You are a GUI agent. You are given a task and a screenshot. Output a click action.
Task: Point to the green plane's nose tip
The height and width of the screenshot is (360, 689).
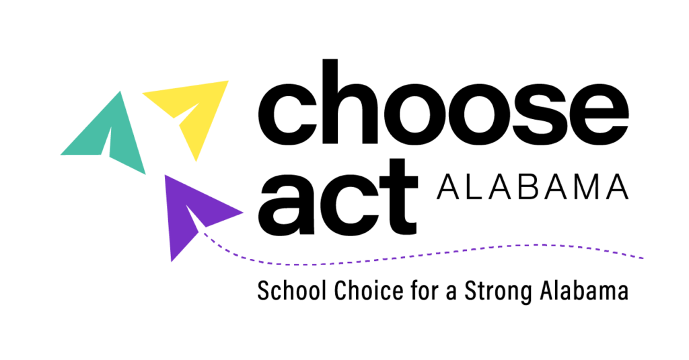click(120, 91)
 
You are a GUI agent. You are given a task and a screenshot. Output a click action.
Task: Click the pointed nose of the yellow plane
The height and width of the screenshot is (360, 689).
click(229, 80)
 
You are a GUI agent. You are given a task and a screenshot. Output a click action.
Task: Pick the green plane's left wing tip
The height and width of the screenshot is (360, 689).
click(61, 155)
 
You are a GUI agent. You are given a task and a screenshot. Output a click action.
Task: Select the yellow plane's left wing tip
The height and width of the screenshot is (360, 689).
click(142, 94)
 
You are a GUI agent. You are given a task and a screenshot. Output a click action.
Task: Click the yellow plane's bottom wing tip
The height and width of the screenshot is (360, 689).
click(196, 161)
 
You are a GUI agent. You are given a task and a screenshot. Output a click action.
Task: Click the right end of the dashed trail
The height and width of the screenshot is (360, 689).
click(643, 258)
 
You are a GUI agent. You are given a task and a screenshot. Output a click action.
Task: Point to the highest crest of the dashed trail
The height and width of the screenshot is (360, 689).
click(538, 244)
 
